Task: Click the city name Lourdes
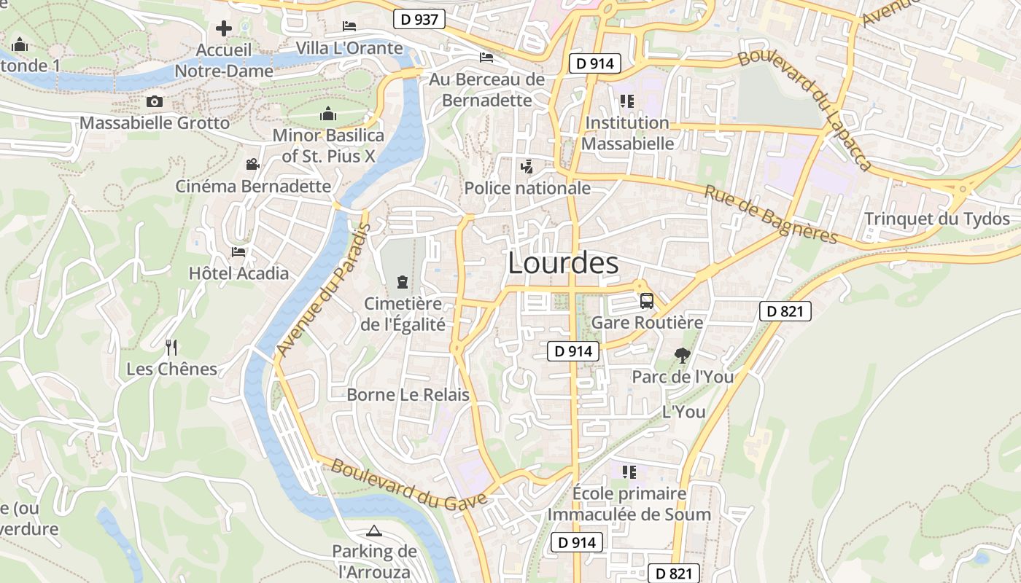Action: click(x=563, y=263)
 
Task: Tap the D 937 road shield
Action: click(x=419, y=19)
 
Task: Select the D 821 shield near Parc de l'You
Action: click(x=785, y=312)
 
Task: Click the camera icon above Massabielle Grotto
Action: click(x=155, y=101)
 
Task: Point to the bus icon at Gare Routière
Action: click(x=647, y=300)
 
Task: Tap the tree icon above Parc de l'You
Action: click(x=683, y=356)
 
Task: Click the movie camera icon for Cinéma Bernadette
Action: click(x=252, y=165)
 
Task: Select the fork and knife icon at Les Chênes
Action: click(x=171, y=347)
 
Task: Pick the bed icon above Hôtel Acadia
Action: click(x=238, y=252)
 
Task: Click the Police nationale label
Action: click(x=527, y=188)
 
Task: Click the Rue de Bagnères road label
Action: click(x=771, y=214)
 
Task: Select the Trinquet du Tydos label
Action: click(x=936, y=219)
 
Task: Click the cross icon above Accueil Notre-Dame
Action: click(x=224, y=28)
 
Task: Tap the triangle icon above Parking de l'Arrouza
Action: click(x=374, y=531)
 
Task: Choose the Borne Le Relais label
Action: click(x=408, y=395)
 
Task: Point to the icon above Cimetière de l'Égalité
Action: click(x=402, y=281)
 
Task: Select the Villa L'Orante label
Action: click(x=349, y=48)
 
